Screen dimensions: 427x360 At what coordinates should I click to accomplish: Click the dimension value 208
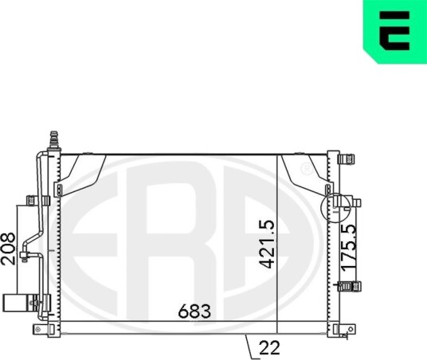8,248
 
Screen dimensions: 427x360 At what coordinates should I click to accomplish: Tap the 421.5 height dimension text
267,245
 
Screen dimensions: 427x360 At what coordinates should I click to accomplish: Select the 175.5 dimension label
349,248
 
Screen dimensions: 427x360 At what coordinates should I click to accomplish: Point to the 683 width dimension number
194,311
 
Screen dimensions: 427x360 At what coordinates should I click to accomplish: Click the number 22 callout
269,348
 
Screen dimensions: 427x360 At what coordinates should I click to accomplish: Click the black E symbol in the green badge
394,30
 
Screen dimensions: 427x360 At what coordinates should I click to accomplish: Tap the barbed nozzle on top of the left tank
54,140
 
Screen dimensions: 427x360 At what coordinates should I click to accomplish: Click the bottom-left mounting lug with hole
40,329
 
